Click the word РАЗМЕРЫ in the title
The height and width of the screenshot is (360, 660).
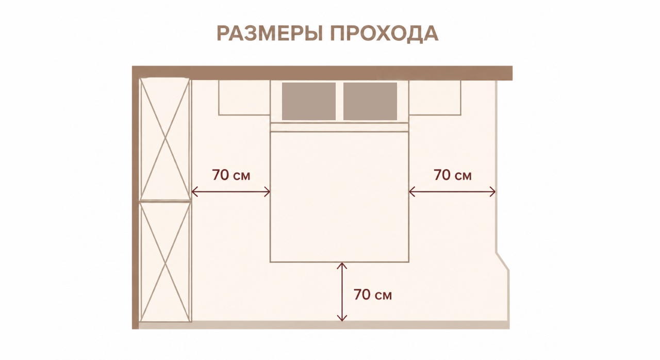[x=269, y=34]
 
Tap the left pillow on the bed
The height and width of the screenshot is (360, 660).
[x=309, y=101]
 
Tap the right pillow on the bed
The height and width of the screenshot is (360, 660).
[x=370, y=101]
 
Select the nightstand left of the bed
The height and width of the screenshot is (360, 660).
[x=244, y=97]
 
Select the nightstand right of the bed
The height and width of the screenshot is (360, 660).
[x=435, y=97]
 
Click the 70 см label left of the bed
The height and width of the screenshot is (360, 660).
[x=231, y=175]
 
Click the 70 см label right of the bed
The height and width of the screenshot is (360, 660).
[x=453, y=175]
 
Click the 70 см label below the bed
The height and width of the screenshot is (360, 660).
[x=373, y=294]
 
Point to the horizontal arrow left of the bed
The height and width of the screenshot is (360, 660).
[x=231, y=192]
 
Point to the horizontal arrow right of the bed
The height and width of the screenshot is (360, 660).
[x=452, y=192]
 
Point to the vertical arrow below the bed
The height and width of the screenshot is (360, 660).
[x=342, y=291]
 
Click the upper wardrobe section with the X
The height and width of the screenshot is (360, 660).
[x=166, y=139]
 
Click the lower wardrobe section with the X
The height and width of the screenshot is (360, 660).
[x=166, y=262]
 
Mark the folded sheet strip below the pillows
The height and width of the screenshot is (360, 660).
[x=339, y=127]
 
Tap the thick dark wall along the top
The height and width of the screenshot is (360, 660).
[x=322, y=73]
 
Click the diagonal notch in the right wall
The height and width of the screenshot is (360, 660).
[x=503, y=261]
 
